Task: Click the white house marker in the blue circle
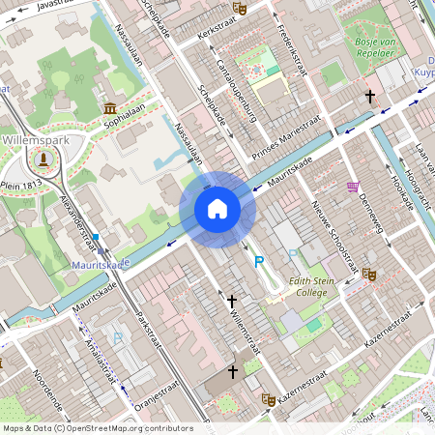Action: [217, 209]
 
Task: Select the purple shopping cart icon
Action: [353, 187]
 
